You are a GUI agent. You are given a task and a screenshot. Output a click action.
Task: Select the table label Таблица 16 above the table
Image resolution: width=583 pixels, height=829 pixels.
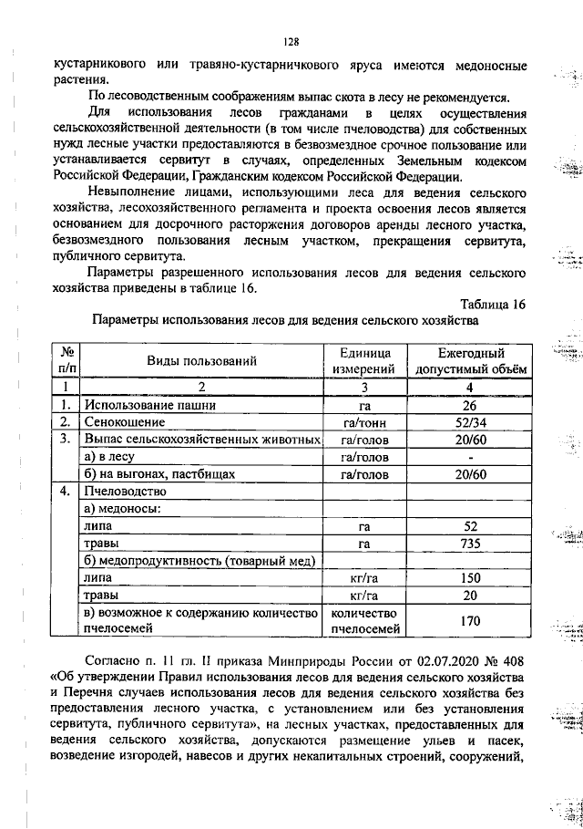pos(493,303)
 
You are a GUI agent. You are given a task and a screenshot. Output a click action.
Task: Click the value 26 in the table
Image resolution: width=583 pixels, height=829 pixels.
pos(470,405)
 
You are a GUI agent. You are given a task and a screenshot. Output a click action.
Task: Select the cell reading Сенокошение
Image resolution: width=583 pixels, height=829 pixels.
pos(124,422)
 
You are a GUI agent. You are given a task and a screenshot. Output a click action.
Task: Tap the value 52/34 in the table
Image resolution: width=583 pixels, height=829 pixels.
pos(470,422)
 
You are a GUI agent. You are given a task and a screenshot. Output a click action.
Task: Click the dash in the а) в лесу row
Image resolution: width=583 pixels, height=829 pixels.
pos(470,457)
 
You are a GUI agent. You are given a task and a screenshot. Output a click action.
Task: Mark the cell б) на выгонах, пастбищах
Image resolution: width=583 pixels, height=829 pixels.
pos(159,474)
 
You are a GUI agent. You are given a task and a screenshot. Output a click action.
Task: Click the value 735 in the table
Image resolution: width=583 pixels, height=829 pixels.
pos(470,544)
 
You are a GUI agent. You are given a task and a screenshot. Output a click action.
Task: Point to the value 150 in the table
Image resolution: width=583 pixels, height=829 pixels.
pos(470,578)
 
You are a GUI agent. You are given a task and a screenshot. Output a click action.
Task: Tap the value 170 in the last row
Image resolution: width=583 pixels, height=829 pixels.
pos(470,621)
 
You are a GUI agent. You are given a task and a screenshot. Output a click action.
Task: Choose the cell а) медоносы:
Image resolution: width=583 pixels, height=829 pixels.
pos(122,509)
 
